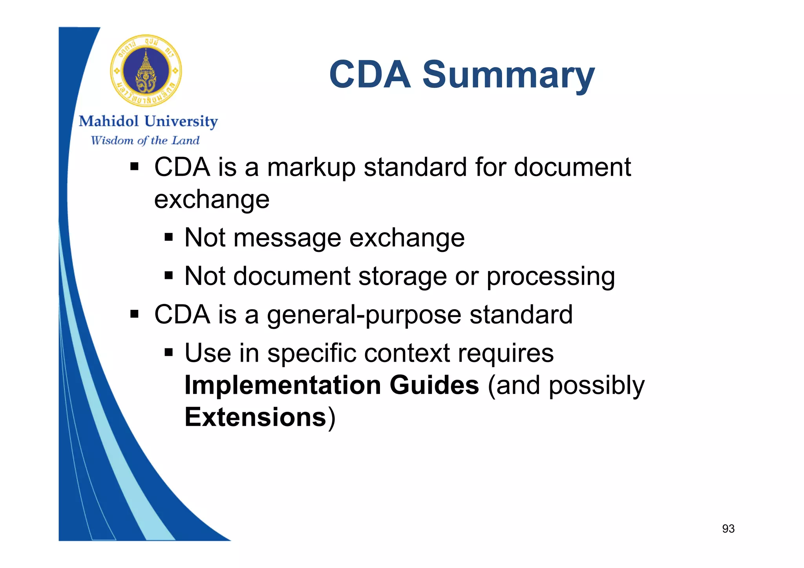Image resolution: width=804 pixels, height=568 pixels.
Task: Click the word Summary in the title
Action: point(508,75)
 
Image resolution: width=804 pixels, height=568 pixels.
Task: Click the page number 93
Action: point(728,529)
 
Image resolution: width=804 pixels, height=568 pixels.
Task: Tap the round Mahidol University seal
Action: point(146,71)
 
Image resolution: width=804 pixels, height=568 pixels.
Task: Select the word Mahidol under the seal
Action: point(109,122)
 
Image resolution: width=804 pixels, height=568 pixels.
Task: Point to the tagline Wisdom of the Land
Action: point(145,140)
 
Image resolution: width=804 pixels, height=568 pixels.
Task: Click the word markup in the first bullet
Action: point(311,168)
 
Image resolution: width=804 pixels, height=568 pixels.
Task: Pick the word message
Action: point(287,238)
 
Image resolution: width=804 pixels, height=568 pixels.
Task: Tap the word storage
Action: point(402,276)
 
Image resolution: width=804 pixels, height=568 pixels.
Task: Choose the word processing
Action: point(550,277)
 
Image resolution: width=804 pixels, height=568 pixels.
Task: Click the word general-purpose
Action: point(364,315)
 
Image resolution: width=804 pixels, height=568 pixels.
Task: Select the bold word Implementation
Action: point(283,385)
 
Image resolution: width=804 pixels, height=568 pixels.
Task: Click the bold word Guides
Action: point(434,385)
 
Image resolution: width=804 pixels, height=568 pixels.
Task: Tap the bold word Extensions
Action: point(255,417)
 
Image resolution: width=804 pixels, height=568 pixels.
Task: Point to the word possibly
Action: point(596,386)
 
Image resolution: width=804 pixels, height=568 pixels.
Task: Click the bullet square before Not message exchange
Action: point(169,237)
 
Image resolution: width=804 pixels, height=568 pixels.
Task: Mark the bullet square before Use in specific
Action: point(169,353)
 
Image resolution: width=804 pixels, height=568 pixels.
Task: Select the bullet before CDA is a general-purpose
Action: point(135,314)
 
